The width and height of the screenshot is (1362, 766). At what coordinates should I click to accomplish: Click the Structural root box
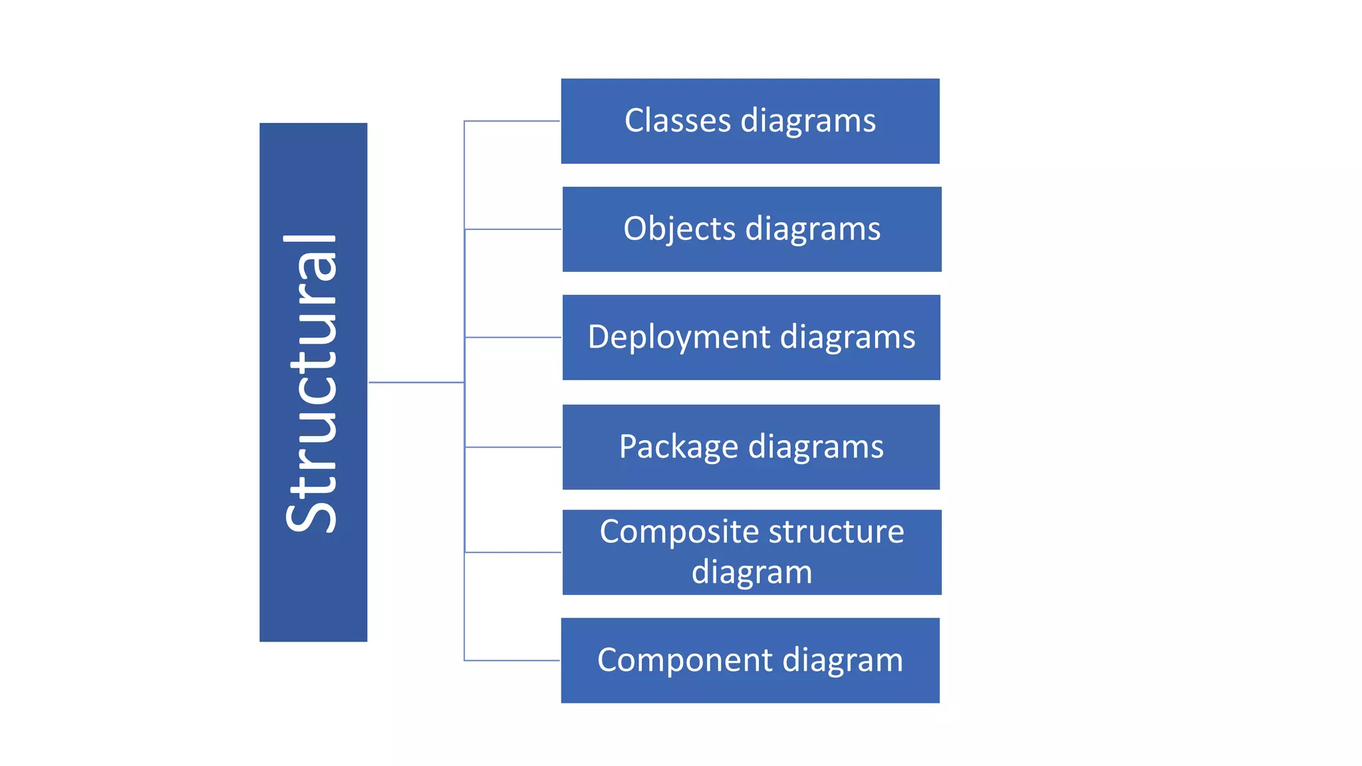coord(313,382)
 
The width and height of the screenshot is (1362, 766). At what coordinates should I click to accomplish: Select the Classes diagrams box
coord(750,121)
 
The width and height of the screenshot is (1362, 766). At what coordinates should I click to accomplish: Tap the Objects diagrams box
coord(751,229)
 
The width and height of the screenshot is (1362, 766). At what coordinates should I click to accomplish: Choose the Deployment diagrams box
coord(751,337)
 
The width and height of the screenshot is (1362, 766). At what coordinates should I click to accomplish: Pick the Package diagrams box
coord(751,447)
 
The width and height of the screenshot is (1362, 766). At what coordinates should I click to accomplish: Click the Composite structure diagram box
coord(751,552)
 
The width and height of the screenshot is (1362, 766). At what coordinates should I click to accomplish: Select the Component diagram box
coord(750,660)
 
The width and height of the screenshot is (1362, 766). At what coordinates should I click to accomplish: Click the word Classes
coord(678,121)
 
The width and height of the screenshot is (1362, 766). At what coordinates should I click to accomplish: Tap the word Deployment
coord(679,337)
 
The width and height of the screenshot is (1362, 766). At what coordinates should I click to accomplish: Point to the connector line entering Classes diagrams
coord(512,121)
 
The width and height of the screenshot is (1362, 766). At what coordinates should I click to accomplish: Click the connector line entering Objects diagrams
coord(513,229)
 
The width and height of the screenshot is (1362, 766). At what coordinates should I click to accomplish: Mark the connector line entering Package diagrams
coord(513,447)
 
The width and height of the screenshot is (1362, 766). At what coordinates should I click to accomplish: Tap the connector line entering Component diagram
coord(512,660)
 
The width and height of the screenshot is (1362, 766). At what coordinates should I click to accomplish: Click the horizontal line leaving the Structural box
coord(416,382)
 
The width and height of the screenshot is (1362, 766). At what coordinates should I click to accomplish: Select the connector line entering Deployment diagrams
coord(513,337)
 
